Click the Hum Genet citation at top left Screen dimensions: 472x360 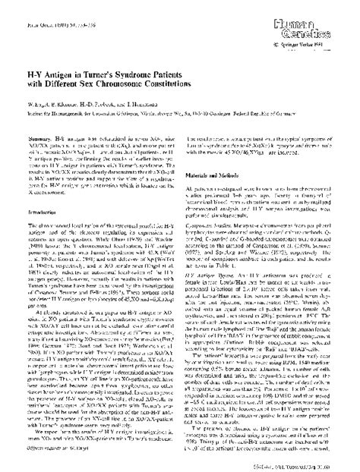click(50, 11)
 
